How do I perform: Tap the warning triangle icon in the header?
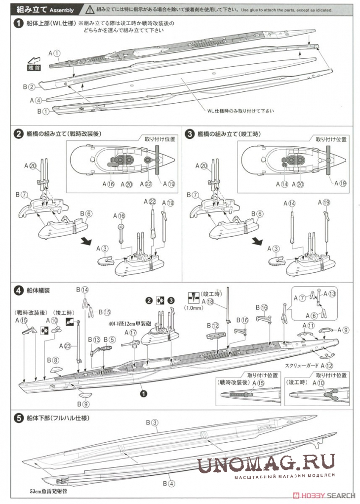pos(88,9)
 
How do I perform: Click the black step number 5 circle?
pos(18,418)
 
